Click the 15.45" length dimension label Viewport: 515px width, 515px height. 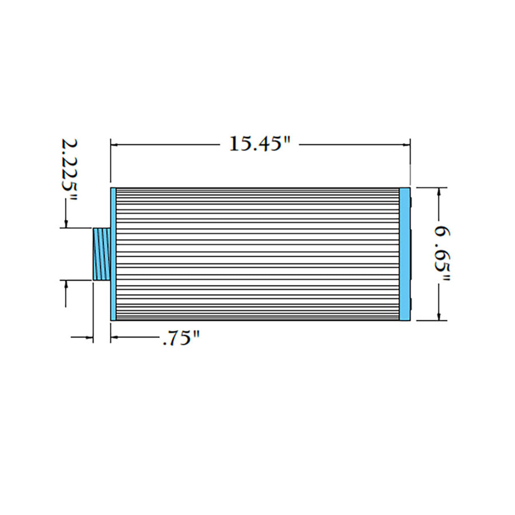(x=260, y=144)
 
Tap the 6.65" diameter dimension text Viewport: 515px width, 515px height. (x=442, y=254)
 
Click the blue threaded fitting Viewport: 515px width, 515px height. (x=101, y=254)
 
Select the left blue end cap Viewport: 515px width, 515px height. (x=113, y=254)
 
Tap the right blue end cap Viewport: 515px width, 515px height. (x=404, y=254)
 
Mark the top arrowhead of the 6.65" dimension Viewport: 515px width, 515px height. (x=439, y=192)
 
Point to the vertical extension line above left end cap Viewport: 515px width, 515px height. (x=111, y=161)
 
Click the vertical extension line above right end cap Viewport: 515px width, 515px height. (x=410, y=161)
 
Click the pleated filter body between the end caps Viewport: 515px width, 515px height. (x=257, y=254)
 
